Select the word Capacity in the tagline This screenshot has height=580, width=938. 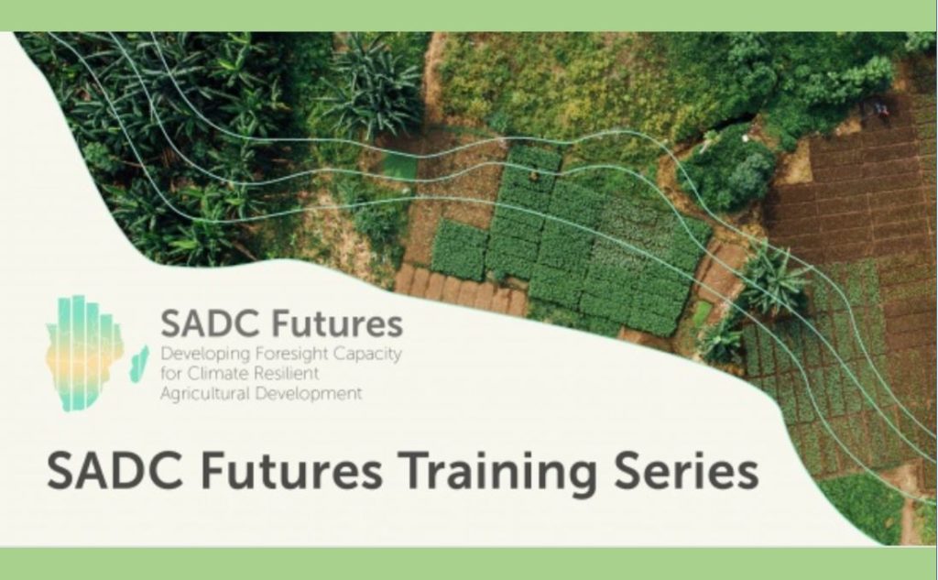click(x=366, y=355)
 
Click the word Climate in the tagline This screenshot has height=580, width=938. click(x=218, y=374)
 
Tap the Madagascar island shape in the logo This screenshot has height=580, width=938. click(x=139, y=364)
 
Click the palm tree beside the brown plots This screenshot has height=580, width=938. click(x=775, y=281)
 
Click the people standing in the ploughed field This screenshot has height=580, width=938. click(x=880, y=108)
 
